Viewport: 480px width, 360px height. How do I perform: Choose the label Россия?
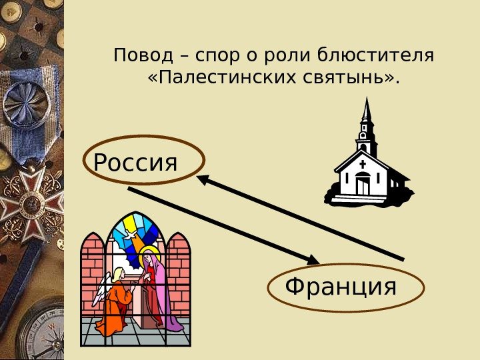point(136,161)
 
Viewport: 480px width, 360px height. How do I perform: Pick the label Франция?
point(341,287)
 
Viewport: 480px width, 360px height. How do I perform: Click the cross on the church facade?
point(362,163)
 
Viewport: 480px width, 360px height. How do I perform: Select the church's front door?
point(362,184)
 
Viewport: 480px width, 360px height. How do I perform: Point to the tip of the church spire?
point(366,99)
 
